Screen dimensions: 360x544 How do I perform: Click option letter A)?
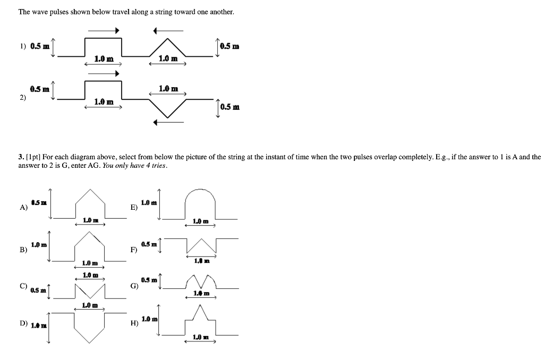tap(23, 208)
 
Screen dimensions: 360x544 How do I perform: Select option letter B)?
tap(23, 249)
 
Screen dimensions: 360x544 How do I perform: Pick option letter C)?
tap(23, 286)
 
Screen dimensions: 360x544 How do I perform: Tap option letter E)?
tap(133, 208)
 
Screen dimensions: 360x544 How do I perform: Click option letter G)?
tap(133, 286)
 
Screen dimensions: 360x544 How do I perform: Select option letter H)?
tap(133, 323)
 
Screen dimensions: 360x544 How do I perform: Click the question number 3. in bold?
tap(20, 157)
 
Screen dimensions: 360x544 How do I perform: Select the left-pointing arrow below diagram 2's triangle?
tap(168, 123)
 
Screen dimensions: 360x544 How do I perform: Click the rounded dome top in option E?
tap(200, 189)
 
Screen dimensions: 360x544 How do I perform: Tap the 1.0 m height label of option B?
tap(39, 245)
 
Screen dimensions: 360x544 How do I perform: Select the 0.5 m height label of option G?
tap(149, 280)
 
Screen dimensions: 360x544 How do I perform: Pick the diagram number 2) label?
tap(22, 98)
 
